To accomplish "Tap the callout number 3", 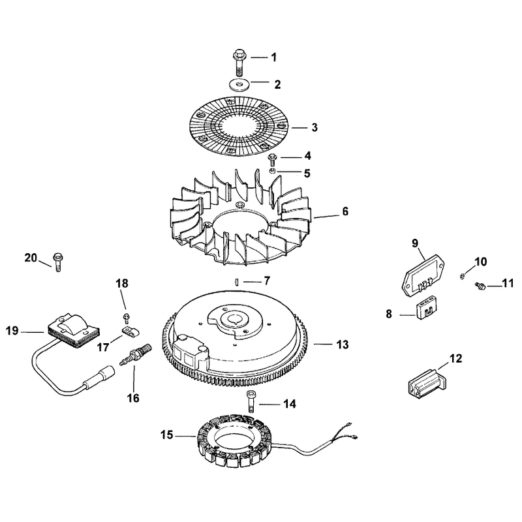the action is pyautogui.click(x=315, y=127).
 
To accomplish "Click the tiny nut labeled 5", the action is pyautogui.click(x=272, y=171).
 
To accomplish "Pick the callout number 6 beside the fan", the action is pyautogui.click(x=345, y=211).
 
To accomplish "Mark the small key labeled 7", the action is pyautogui.click(x=236, y=282).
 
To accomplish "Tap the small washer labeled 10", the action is pyautogui.click(x=463, y=276).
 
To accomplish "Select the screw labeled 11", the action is pyautogui.click(x=481, y=286).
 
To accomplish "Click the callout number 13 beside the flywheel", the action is pyautogui.click(x=343, y=345).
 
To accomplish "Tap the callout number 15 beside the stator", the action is pyautogui.click(x=167, y=435).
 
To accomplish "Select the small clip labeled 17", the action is pyautogui.click(x=130, y=331).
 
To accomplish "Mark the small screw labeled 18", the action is pyautogui.click(x=126, y=318).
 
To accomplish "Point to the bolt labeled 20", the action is pyautogui.click(x=58, y=262).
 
